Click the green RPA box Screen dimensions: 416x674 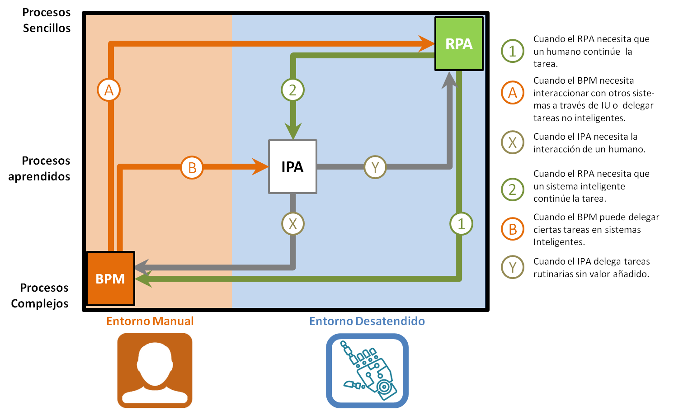tap(459, 44)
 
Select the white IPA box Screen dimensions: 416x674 tap(292, 167)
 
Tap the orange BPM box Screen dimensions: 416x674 tap(110, 279)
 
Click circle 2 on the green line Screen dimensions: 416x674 tap(292, 90)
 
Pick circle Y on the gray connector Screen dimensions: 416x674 tap(375, 167)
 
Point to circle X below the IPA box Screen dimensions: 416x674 tap(292, 224)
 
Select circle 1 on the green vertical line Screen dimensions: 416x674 tap(461, 224)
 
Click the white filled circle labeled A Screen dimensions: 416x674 tap(109, 90)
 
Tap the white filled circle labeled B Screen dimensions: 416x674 tap(192, 168)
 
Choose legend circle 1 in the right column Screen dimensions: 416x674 tap(512, 51)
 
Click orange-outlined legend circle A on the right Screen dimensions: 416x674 tap(512, 93)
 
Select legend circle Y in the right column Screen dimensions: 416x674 tap(512, 267)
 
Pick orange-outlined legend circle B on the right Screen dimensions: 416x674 tap(512, 229)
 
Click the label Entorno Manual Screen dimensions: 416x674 tap(150, 321)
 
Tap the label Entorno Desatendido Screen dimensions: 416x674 tap(367, 321)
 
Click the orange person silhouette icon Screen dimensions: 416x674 tap(155, 370)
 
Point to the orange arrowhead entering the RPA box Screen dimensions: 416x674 tap(426, 44)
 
